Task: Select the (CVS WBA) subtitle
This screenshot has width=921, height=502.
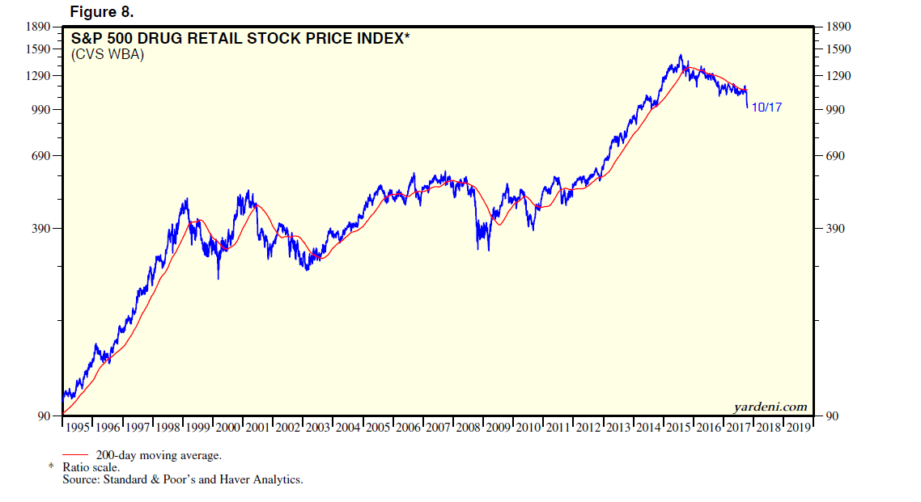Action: (x=108, y=55)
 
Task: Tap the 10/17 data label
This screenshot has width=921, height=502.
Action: (x=766, y=108)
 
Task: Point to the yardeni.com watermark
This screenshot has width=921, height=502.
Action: (x=770, y=406)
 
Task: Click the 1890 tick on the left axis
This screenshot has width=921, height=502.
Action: (x=39, y=27)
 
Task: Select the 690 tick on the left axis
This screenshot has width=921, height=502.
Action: (x=42, y=155)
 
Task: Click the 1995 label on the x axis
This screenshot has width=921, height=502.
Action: (x=79, y=427)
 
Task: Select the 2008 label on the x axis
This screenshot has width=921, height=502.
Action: (x=467, y=427)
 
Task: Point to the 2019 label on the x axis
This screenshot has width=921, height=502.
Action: (x=797, y=427)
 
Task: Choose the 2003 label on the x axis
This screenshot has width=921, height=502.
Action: (x=318, y=427)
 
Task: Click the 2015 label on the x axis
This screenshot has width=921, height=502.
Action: (x=677, y=427)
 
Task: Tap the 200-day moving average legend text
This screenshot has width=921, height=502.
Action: (x=159, y=455)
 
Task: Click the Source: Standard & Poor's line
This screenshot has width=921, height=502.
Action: (x=182, y=479)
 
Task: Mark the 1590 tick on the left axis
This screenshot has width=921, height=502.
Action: (x=39, y=49)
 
